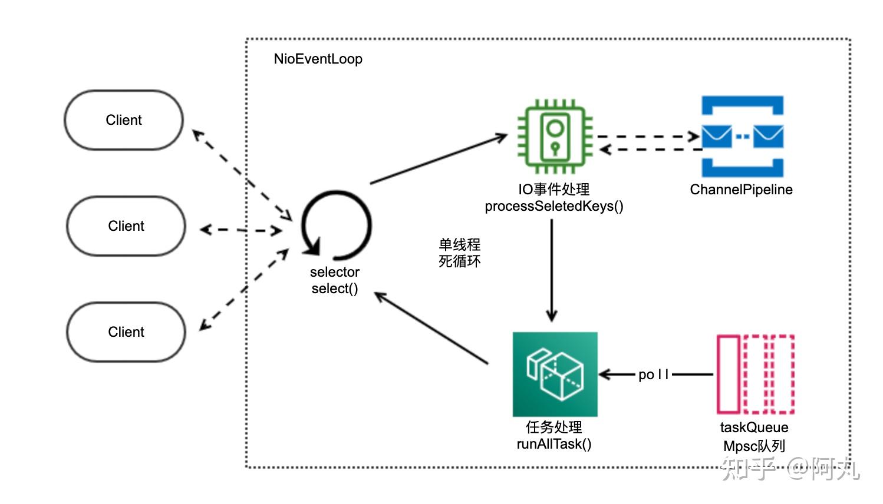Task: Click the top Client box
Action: pyautogui.click(x=124, y=120)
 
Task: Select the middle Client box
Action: pyautogui.click(x=126, y=226)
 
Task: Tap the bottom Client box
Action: pyautogui.click(x=126, y=332)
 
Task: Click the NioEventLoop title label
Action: pyautogui.click(x=318, y=59)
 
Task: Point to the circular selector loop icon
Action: pyautogui.click(x=336, y=226)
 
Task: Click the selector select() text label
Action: pyautogui.click(x=335, y=280)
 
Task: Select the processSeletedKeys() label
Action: pyautogui.click(x=554, y=206)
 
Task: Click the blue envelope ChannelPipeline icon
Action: pyautogui.click(x=742, y=137)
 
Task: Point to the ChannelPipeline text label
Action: pyautogui.click(x=741, y=190)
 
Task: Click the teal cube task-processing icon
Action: pyautogui.click(x=555, y=374)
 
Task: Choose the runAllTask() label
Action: pyautogui.click(x=554, y=444)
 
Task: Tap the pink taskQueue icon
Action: pyautogui.click(x=755, y=374)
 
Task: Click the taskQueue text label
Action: pyautogui.click(x=754, y=427)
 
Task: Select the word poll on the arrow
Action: pyautogui.click(x=654, y=374)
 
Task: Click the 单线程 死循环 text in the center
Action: pyautogui.click(x=459, y=253)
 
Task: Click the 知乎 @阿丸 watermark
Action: pyautogui.click(x=790, y=469)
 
